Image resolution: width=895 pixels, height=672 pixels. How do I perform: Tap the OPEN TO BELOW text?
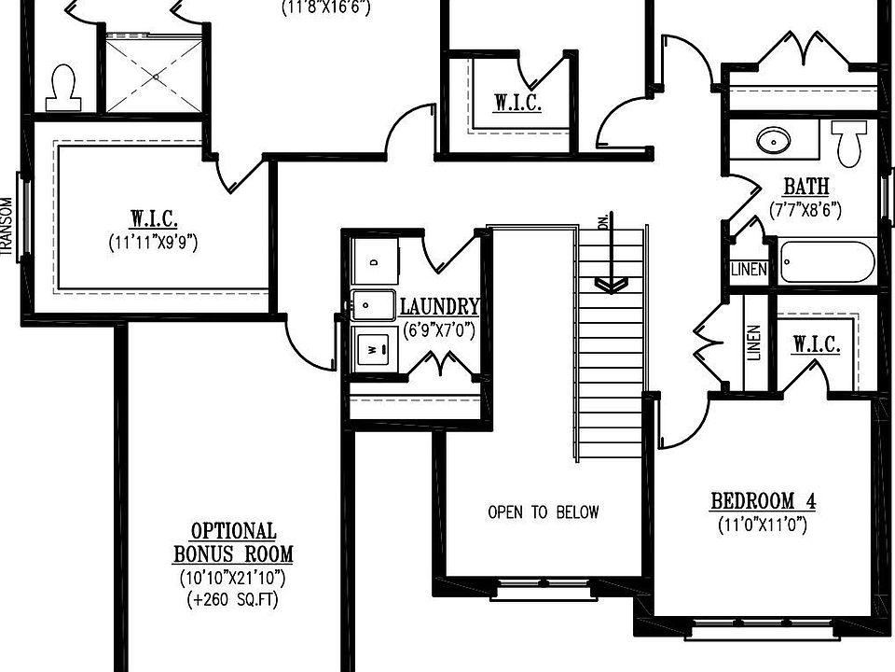point(544,511)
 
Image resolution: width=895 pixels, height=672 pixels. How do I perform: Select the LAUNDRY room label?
point(439,306)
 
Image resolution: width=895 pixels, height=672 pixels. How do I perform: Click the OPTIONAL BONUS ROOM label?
point(233,542)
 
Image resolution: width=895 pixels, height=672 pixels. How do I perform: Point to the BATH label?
point(805,187)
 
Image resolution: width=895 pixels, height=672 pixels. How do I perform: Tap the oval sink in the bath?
point(773,141)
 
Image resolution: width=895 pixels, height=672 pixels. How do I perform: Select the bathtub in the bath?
point(826,261)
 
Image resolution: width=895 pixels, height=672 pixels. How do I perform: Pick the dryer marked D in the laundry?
point(374,262)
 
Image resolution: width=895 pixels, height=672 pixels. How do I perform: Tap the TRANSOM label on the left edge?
point(7,225)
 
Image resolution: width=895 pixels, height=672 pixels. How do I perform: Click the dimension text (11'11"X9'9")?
point(153,242)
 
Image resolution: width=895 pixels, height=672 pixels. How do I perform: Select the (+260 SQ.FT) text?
point(233,599)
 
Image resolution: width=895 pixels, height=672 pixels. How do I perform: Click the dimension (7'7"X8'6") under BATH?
point(805,210)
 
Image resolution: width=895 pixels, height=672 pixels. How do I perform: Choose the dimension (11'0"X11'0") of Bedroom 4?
point(763,525)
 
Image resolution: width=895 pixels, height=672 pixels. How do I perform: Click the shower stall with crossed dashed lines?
point(151,74)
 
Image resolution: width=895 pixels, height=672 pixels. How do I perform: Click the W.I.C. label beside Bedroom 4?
point(817,345)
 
